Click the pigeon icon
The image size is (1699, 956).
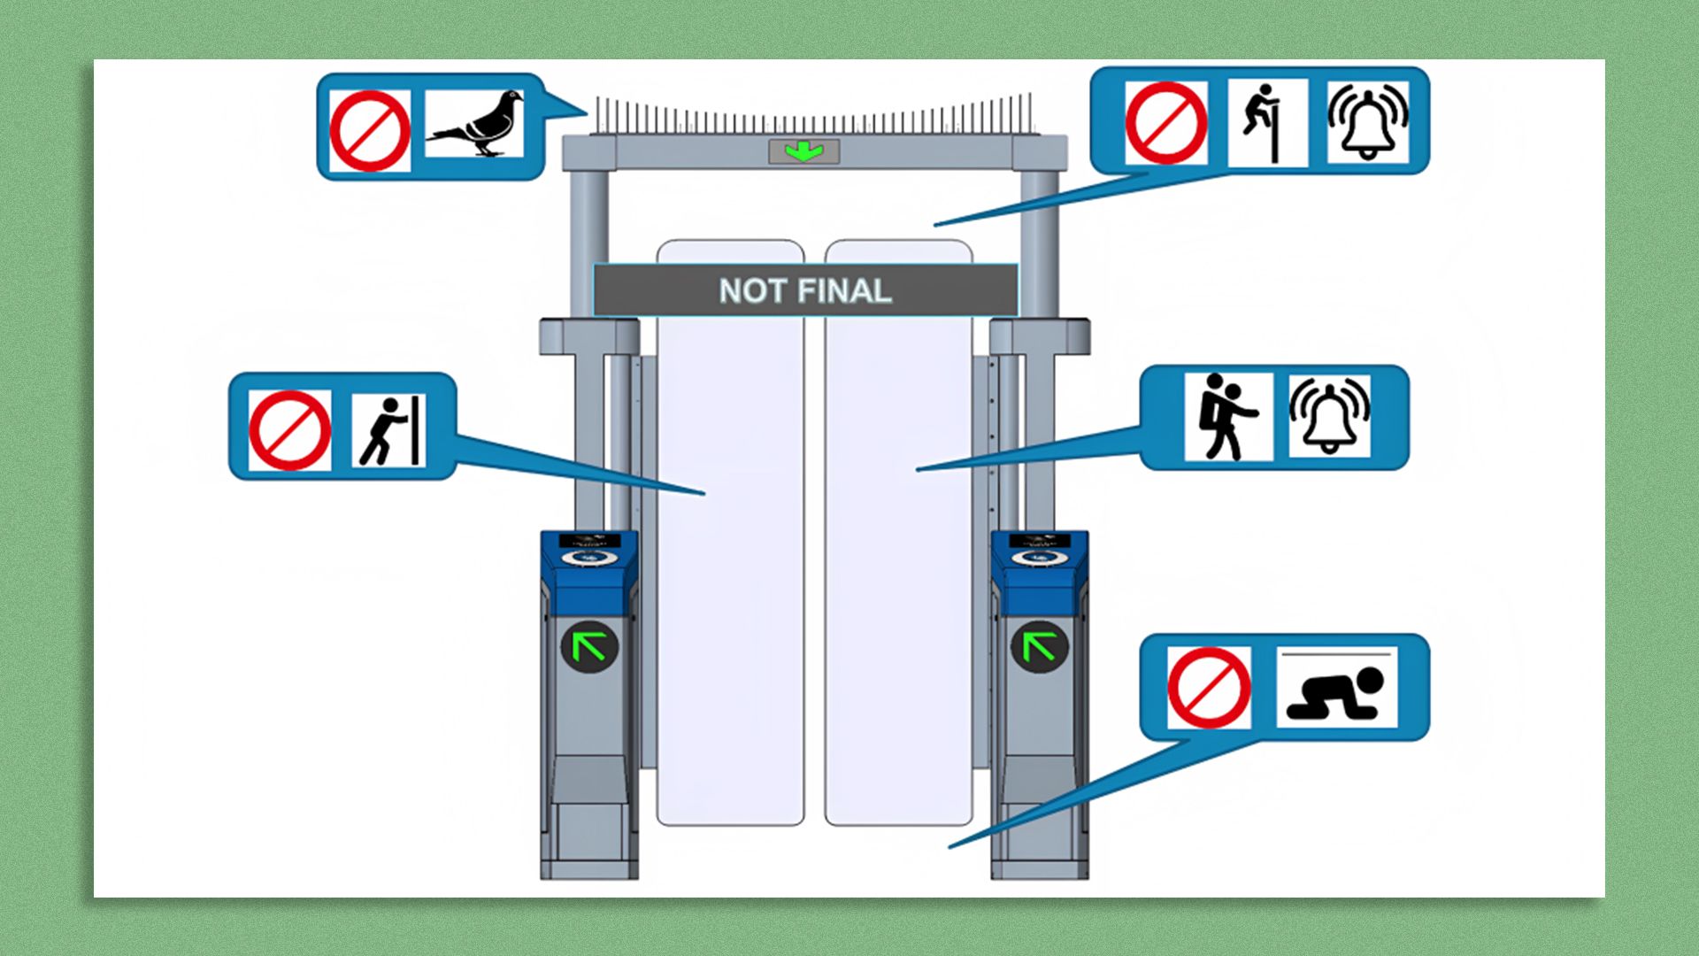tap(475, 124)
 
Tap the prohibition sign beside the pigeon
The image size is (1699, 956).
tap(370, 130)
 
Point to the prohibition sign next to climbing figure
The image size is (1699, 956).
tap(1166, 123)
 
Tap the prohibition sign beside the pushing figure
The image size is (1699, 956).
tap(289, 430)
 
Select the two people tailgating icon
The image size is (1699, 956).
tap(1226, 417)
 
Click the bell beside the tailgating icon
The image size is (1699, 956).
tap(1329, 416)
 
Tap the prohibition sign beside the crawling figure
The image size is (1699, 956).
tap(1209, 688)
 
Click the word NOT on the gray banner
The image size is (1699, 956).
tap(752, 291)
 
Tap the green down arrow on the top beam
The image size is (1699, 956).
tap(803, 151)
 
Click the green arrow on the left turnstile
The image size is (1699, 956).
tap(589, 646)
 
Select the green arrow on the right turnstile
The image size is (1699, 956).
tap(1039, 646)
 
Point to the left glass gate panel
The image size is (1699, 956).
tap(730, 567)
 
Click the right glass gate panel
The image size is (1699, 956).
tap(898, 567)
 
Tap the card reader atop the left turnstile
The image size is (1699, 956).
tap(588, 555)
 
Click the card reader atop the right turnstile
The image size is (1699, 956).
tap(1038, 555)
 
